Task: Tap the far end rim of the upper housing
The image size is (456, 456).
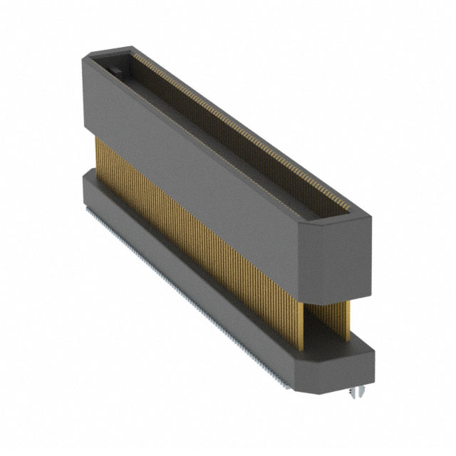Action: coord(107,53)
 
